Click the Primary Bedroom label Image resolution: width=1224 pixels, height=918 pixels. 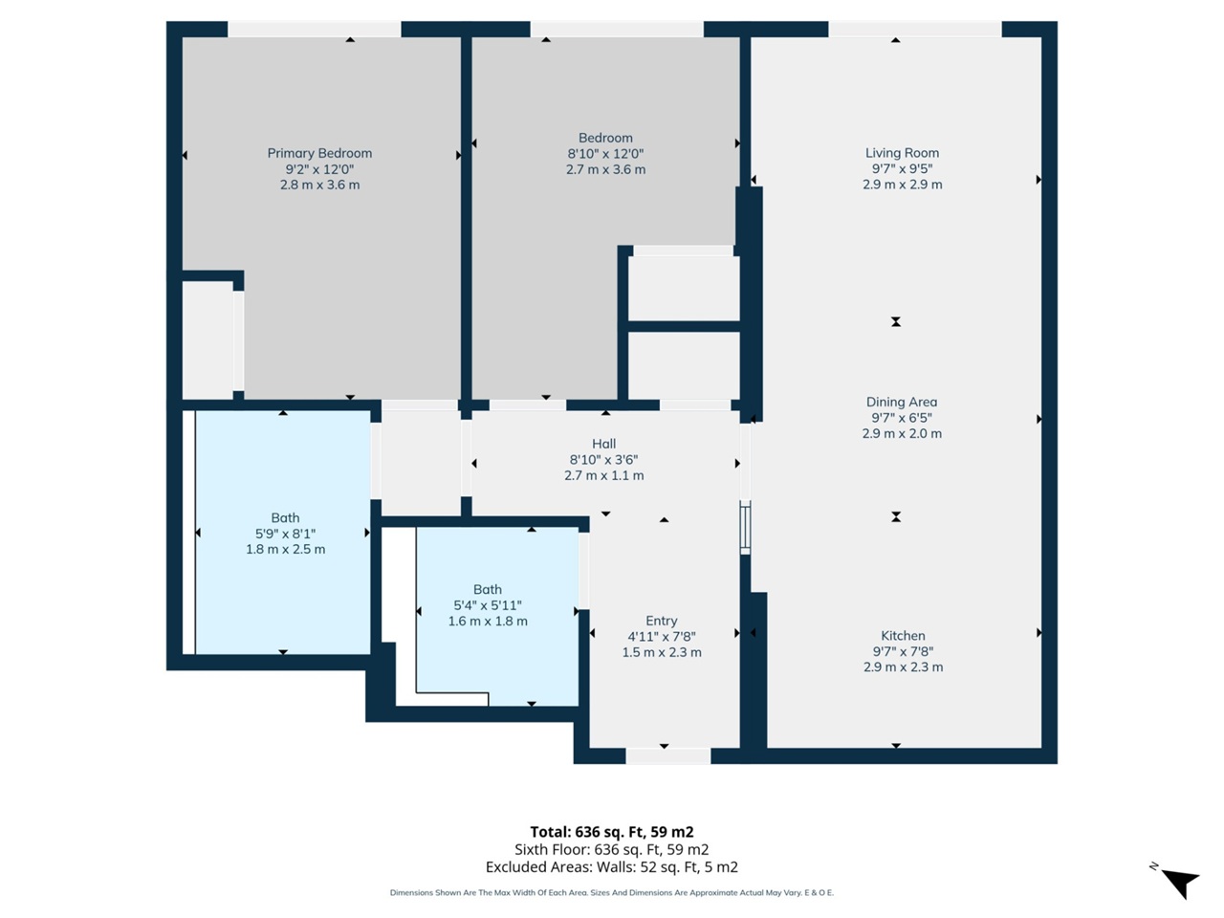click(319, 153)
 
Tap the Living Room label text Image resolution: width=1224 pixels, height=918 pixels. click(902, 153)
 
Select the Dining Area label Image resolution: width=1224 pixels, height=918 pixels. click(902, 403)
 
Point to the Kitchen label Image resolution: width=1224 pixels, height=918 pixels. click(903, 636)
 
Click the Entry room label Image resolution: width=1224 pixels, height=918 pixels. click(662, 621)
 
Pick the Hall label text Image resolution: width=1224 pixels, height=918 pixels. click(603, 444)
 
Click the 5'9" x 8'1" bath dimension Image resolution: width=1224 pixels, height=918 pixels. click(285, 534)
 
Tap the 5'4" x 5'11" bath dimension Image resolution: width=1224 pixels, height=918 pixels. click(488, 605)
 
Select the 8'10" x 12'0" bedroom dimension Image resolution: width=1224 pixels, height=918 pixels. click(605, 154)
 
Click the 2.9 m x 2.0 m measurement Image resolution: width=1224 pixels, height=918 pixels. click(902, 434)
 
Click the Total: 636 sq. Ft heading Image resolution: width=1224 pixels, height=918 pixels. click(612, 832)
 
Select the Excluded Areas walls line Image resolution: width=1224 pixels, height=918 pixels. click(612, 867)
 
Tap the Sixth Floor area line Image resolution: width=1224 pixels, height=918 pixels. click(612, 849)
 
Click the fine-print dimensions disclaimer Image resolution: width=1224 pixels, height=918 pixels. click(612, 893)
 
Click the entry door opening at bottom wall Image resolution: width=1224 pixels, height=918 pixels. click(667, 756)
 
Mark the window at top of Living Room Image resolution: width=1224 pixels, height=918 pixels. click(914, 30)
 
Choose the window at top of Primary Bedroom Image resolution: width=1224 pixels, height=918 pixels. click(314, 30)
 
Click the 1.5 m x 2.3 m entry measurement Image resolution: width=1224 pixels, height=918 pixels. click(662, 653)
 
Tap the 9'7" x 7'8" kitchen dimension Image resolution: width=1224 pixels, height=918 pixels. click(903, 651)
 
